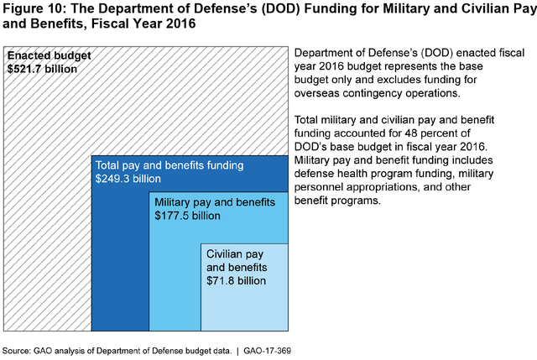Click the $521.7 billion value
coord(42,69)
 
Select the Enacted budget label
coord(49,56)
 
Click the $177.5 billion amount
coord(188,216)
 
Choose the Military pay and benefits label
coord(215,202)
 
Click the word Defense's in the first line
coord(391,54)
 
